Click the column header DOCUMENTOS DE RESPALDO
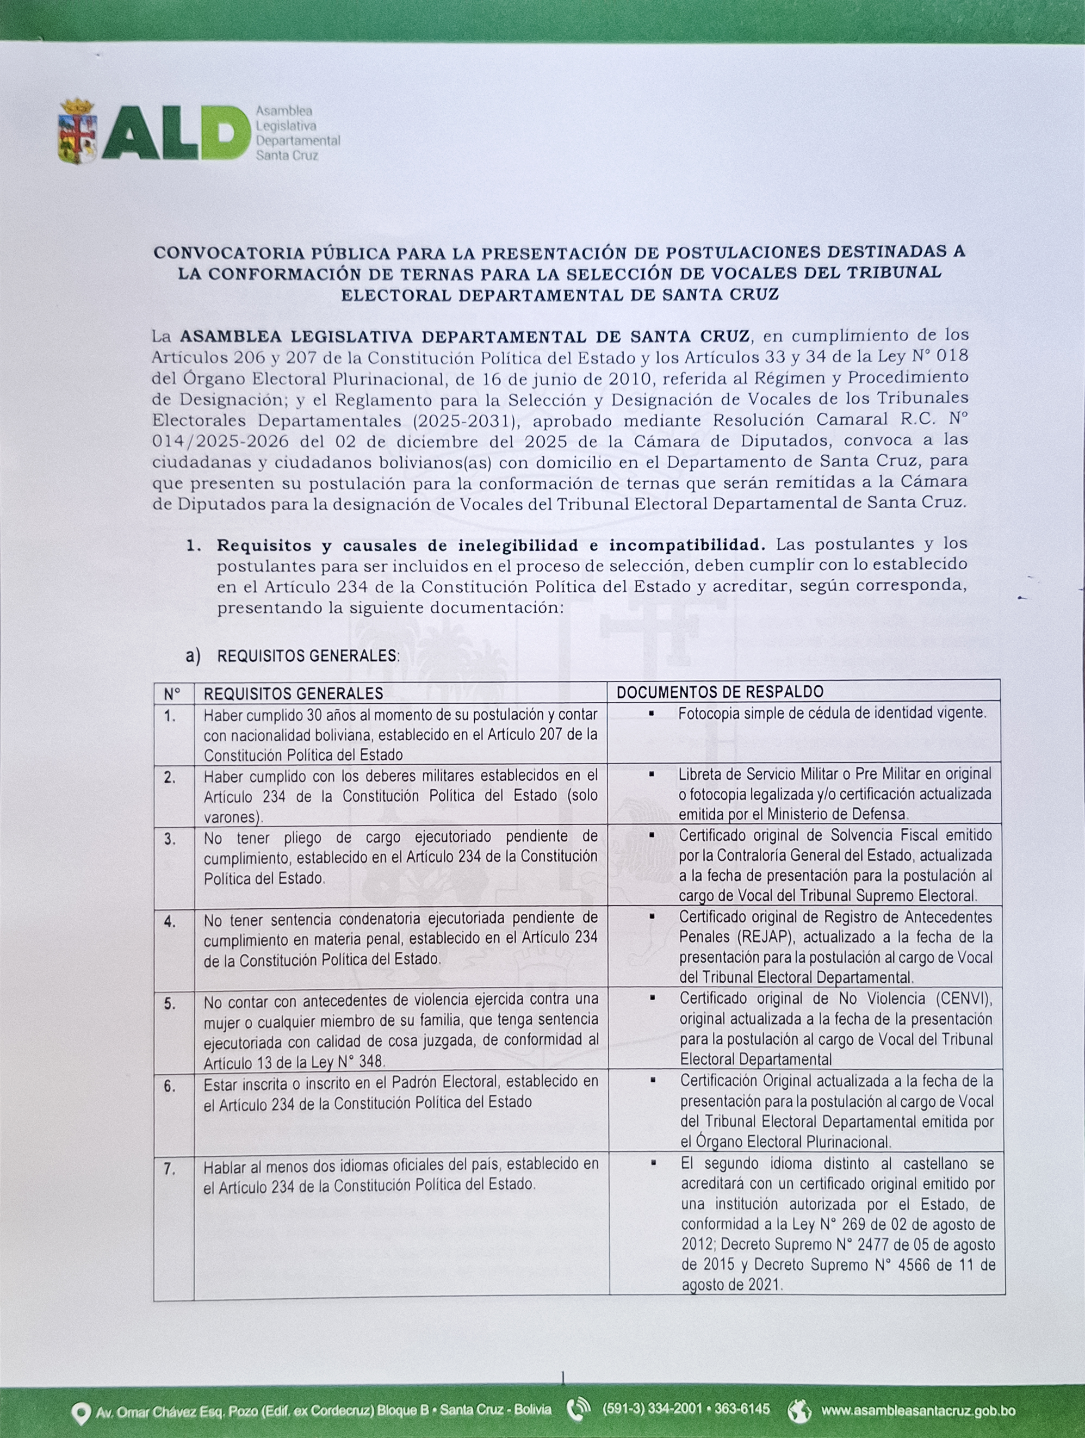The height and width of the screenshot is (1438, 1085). (x=720, y=692)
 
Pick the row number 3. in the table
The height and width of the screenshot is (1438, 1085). (x=170, y=839)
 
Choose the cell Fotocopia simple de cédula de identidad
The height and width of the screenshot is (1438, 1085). (x=832, y=713)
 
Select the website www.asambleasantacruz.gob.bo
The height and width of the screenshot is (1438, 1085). (x=918, y=1409)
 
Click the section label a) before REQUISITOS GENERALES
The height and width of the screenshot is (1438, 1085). (x=193, y=656)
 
